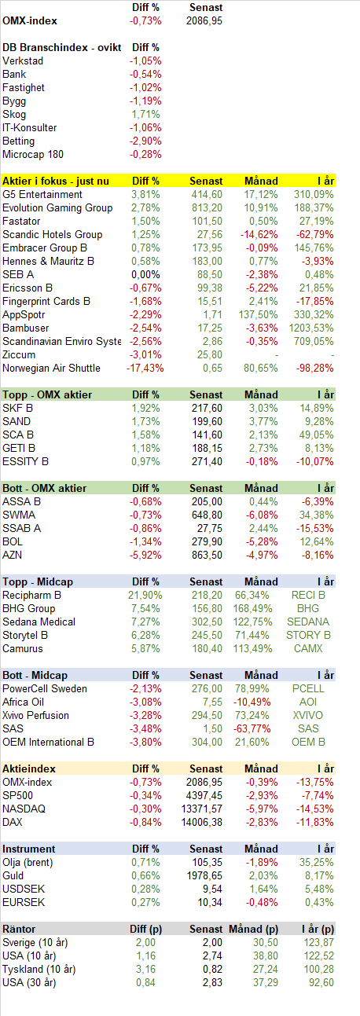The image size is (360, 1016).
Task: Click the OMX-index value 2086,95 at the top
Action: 204,21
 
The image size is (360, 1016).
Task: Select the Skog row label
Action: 14,115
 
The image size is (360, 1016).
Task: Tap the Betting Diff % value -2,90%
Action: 145,141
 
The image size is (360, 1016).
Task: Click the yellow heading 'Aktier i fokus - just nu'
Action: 56,182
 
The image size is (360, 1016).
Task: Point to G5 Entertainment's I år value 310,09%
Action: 314,195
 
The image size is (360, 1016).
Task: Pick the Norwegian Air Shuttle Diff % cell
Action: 145,369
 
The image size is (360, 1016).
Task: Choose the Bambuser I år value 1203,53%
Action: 311,328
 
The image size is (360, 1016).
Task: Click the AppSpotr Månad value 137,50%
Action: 259,315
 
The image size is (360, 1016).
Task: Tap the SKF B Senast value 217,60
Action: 207,409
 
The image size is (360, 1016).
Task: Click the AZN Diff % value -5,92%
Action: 145,556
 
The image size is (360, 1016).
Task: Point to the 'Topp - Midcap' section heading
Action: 38,582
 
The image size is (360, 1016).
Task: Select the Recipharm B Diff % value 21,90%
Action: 145,595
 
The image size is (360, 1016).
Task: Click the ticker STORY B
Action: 308,636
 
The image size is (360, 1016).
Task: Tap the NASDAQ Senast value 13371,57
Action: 202,809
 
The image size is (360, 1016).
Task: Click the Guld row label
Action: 13,876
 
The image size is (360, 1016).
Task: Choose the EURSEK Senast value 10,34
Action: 210,903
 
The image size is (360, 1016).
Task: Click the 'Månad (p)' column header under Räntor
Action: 253,930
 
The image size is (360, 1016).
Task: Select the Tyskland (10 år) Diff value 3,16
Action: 145,970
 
